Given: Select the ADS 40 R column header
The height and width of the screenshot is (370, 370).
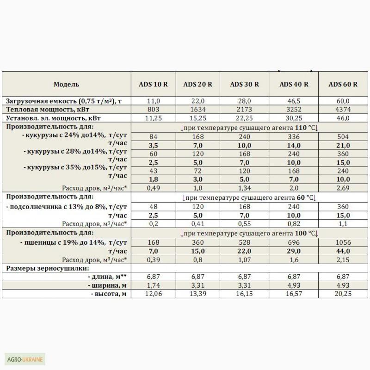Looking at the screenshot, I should click(294, 84).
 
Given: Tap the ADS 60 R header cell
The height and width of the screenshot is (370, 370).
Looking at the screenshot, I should click(343, 84).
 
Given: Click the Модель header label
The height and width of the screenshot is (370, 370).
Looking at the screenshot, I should click(67, 84).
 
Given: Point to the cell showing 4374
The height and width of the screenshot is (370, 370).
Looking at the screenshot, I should click(343, 109).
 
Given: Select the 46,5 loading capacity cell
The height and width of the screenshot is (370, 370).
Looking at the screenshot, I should click(294, 101).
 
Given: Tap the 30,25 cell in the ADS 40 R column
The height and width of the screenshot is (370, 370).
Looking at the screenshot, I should click(294, 118).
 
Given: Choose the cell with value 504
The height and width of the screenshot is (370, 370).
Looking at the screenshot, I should click(343, 136).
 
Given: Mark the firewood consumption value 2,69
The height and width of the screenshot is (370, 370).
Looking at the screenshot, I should click(343, 188).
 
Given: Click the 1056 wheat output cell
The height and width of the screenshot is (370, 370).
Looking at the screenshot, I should click(343, 242).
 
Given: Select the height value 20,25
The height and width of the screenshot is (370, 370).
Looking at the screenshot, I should click(343, 294).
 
